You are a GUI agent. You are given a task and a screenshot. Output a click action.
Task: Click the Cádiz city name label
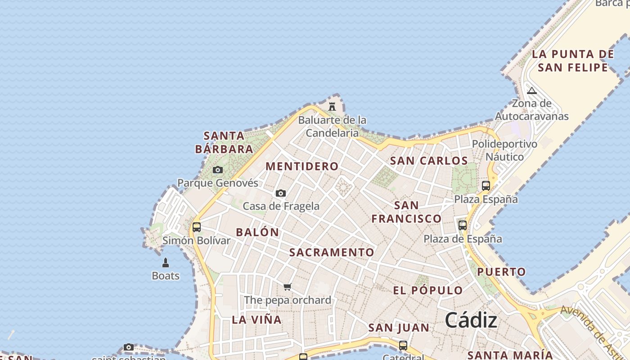pyautogui.click(x=471, y=320)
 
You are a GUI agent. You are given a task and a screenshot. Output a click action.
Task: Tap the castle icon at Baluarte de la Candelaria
pyautogui.click(x=332, y=107)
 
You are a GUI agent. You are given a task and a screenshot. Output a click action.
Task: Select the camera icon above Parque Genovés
pyautogui.click(x=218, y=170)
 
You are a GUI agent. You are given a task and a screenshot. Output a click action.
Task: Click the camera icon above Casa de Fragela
pyautogui.click(x=281, y=193)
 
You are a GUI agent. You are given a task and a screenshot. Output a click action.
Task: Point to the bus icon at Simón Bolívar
pyautogui.click(x=197, y=227)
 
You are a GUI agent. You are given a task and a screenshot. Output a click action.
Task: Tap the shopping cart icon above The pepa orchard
pyautogui.click(x=288, y=287)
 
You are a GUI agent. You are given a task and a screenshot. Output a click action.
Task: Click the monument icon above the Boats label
pyautogui.click(x=166, y=262)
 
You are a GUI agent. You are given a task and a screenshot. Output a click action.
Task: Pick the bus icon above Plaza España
pyautogui.click(x=486, y=185)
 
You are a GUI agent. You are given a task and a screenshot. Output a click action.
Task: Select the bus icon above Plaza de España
pyautogui.click(x=463, y=225)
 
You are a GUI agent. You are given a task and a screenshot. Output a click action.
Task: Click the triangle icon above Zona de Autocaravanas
pyautogui.click(x=532, y=90)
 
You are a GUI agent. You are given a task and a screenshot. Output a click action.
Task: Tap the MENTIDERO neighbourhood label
pyautogui.click(x=302, y=166)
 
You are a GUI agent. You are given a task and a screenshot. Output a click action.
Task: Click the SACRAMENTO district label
pyautogui.click(x=332, y=252)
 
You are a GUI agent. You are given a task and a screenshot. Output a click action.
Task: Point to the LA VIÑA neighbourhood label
pyautogui.click(x=256, y=320)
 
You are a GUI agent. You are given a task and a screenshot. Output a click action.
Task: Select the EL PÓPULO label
pyautogui.click(x=427, y=290)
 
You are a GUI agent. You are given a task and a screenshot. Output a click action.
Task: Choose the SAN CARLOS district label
pyautogui.click(x=429, y=161)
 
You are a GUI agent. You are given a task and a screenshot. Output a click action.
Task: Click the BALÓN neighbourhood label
pyautogui.click(x=257, y=232)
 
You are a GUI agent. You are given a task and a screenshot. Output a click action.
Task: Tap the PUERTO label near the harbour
pyautogui.click(x=501, y=272)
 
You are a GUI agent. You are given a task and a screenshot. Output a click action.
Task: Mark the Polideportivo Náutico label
pyautogui.click(x=504, y=150)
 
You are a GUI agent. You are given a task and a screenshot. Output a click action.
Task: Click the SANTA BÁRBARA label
pyautogui.click(x=224, y=142)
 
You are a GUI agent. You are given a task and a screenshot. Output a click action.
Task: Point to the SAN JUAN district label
pyautogui.click(x=399, y=328)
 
